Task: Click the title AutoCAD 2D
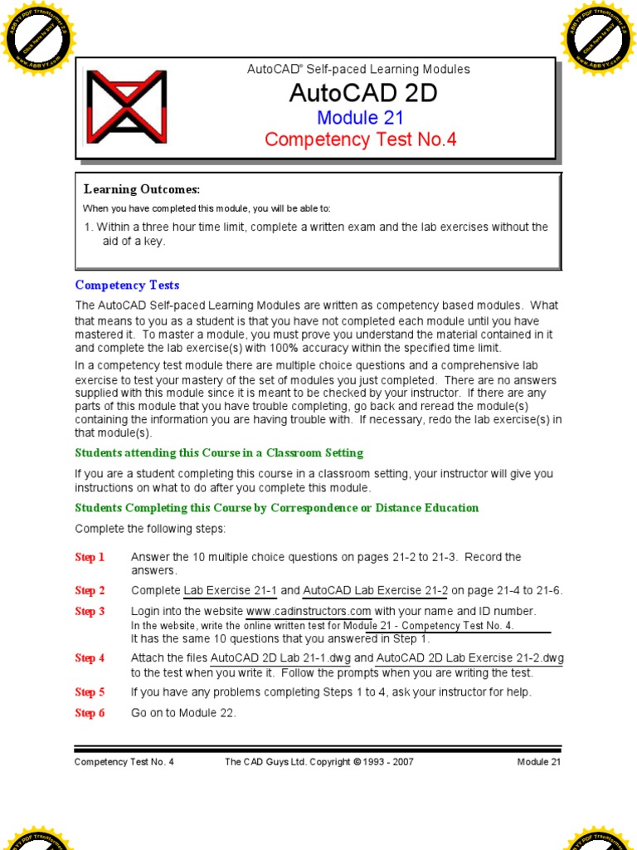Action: (362, 93)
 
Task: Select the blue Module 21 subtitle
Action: (360, 117)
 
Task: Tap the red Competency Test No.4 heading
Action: (361, 139)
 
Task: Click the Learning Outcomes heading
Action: (142, 190)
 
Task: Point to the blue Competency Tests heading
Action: (127, 286)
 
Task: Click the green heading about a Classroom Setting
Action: (219, 453)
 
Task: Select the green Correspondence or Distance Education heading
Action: (276, 508)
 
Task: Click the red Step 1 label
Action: (90, 558)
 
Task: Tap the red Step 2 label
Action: (90, 591)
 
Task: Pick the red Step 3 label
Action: (90, 612)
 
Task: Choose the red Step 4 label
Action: (90, 658)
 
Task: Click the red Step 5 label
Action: (90, 692)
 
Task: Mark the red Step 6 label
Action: (90, 713)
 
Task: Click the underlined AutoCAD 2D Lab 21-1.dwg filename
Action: (280, 658)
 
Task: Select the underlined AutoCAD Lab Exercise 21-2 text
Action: (375, 591)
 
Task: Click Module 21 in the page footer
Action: (538, 762)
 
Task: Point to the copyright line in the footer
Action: (319, 762)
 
